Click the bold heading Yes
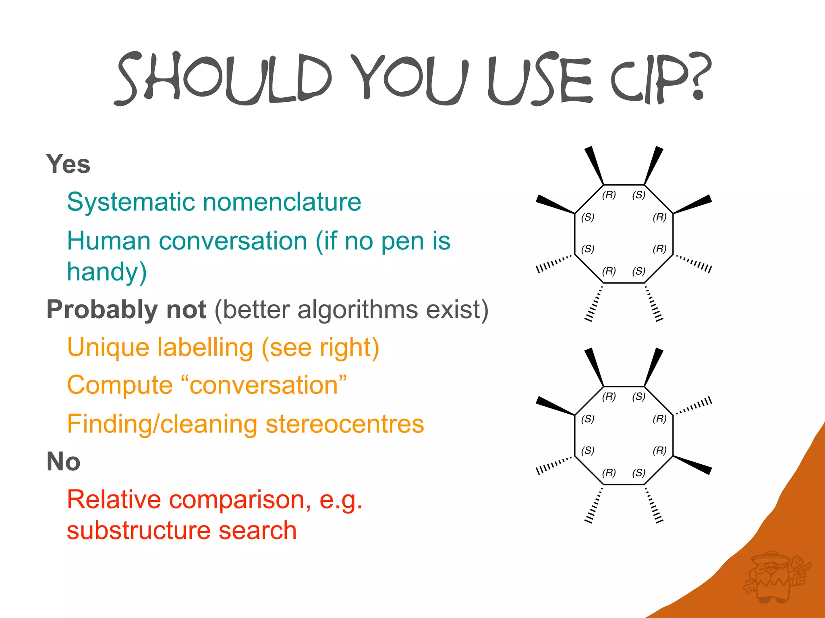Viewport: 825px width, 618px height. [68, 164]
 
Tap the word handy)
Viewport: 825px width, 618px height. [107, 272]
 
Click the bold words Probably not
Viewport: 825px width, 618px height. [126, 309]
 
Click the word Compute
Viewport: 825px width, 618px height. [120, 385]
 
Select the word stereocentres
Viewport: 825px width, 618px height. [345, 424]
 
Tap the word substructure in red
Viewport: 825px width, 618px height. [139, 530]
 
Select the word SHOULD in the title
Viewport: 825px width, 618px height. [224, 78]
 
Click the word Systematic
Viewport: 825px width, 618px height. [131, 202]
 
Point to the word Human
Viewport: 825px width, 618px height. [109, 241]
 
